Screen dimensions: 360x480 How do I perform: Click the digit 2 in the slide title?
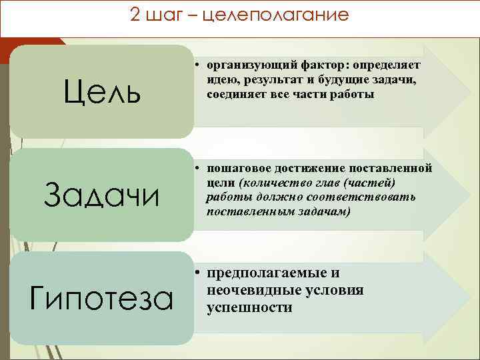pyautogui.click(x=136, y=15)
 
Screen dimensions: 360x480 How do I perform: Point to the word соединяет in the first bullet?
pyautogui.click(x=234, y=95)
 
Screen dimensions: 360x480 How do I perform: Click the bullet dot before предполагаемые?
pyautogui.click(x=199, y=273)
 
